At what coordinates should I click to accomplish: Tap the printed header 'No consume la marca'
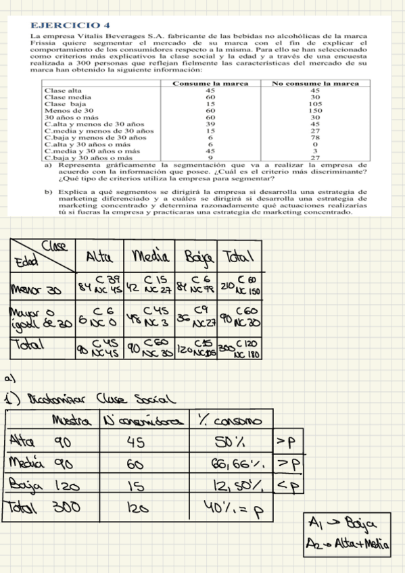point(314,83)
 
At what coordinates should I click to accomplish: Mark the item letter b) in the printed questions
point(48,192)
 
